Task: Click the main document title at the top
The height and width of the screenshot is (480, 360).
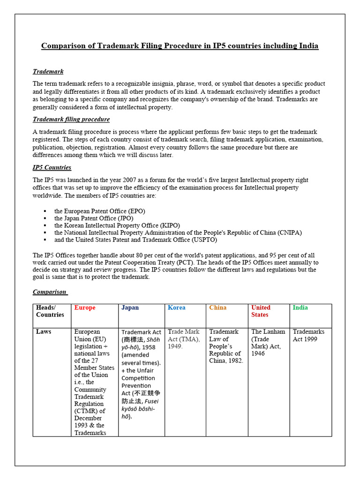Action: coord(180,46)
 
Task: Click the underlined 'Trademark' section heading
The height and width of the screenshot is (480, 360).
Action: coord(48,72)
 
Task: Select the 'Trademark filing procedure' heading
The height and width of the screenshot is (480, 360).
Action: coord(71,120)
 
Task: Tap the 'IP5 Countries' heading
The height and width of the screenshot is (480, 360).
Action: coord(52,167)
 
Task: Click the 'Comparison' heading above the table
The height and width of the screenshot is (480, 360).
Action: coord(50,292)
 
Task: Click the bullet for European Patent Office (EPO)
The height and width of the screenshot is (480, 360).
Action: coord(45,211)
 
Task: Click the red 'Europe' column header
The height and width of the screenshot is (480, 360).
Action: coord(85,308)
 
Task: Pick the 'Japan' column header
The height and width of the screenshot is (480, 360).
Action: coord(130,308)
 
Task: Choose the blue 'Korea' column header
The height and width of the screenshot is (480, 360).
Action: coord(176,308)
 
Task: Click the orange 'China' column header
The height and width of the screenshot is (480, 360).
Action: coord(217,308)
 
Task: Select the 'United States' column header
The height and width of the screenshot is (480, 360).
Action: coord(261,311)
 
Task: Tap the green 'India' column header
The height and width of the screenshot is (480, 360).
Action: coord(300,308)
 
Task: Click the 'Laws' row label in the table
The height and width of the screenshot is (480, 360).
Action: coord(44,332)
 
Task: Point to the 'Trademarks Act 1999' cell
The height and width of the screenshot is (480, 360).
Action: coord(308,335)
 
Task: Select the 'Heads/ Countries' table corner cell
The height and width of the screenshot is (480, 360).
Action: coord(50,311)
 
